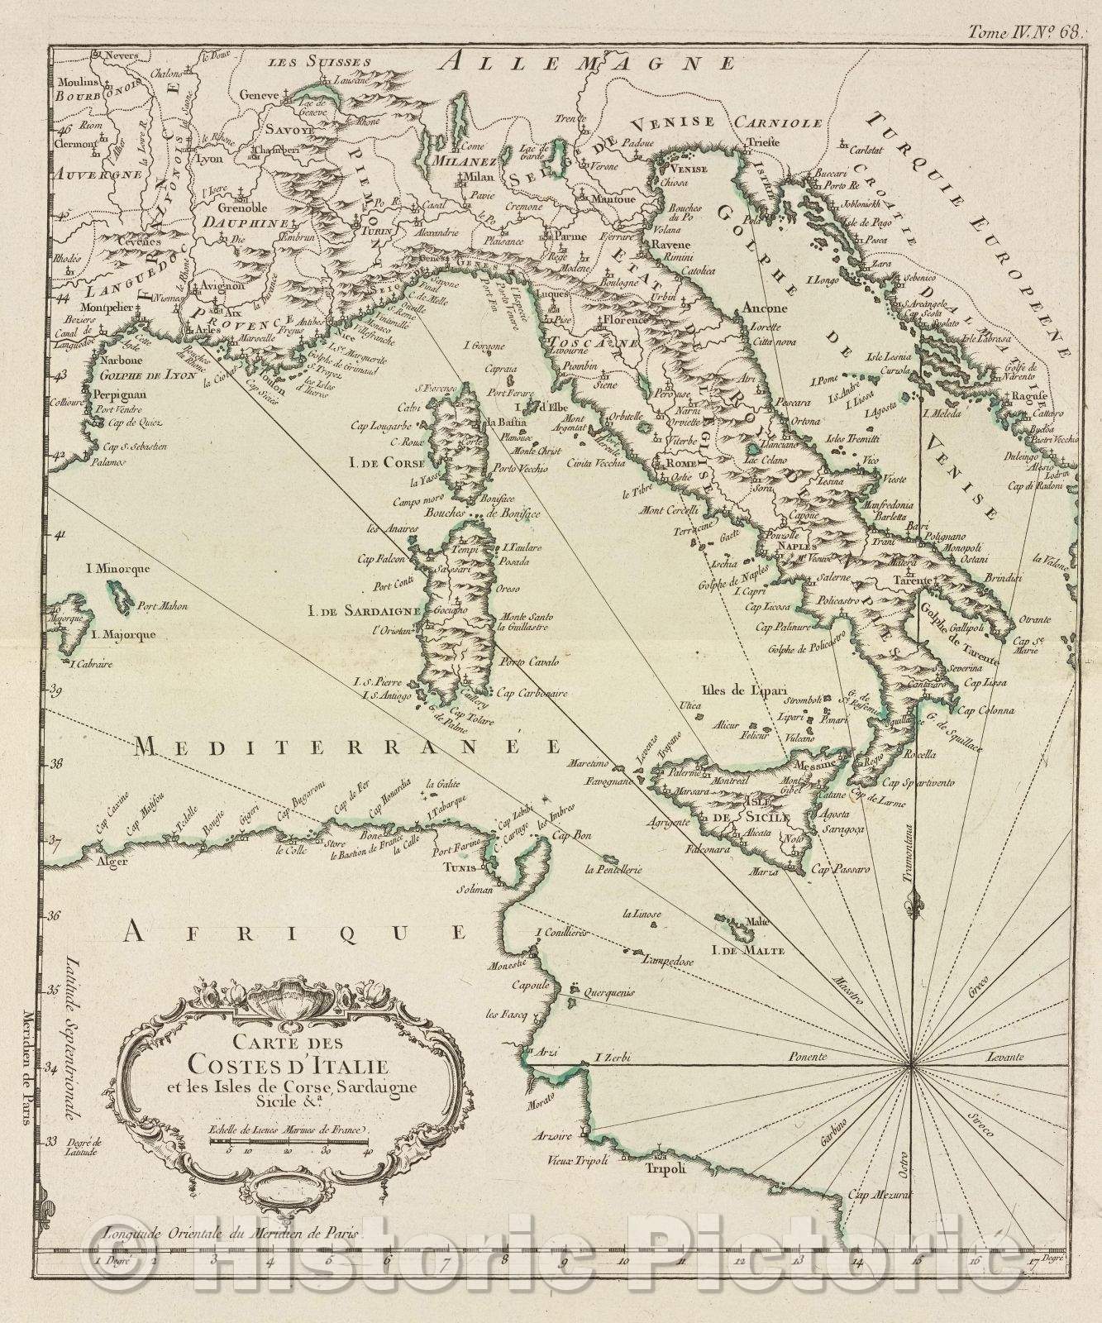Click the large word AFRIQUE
[293, 934]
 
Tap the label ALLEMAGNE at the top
[587, 63]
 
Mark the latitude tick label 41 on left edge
[60, 535]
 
